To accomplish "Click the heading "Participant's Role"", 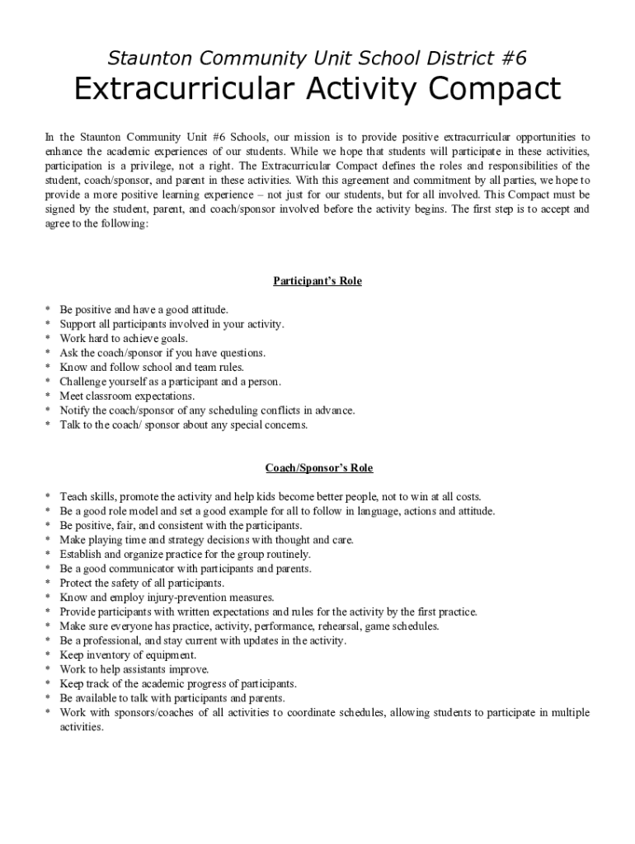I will (317, 281).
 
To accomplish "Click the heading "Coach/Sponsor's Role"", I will (318, 468).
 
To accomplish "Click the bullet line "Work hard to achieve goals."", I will (124, 339).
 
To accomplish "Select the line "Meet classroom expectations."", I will (127, 396).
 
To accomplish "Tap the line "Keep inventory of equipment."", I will (128, 655).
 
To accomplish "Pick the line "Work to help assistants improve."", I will (134, 669).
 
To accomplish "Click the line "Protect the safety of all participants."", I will (142, 584).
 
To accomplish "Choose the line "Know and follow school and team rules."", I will (152, 368).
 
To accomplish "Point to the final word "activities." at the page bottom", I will (82, 727).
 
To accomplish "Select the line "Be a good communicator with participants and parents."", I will (186, 569).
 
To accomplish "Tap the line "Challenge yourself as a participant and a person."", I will (170, 382).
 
